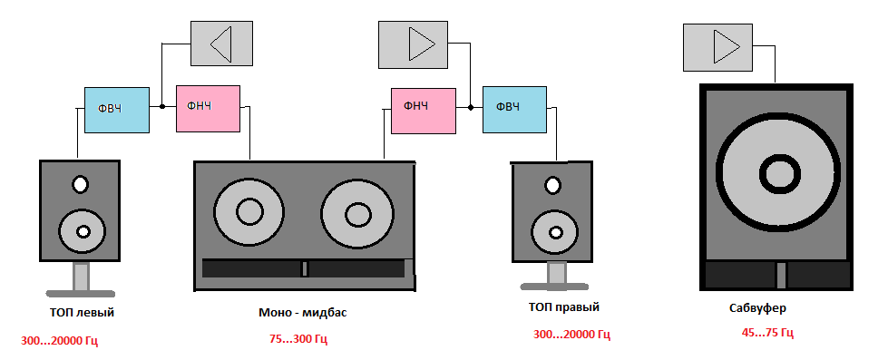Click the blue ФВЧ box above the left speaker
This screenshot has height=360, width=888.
click(117, 110)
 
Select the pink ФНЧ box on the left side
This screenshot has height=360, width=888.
click(208, 109)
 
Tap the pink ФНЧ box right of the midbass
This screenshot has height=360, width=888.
click(424, 111)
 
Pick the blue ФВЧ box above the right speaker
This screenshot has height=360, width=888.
click(515, 110)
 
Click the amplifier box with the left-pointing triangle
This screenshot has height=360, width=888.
click(221, 44)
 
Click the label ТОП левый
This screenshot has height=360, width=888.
click(82, 313)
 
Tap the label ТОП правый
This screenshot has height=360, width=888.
click(563, 307)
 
